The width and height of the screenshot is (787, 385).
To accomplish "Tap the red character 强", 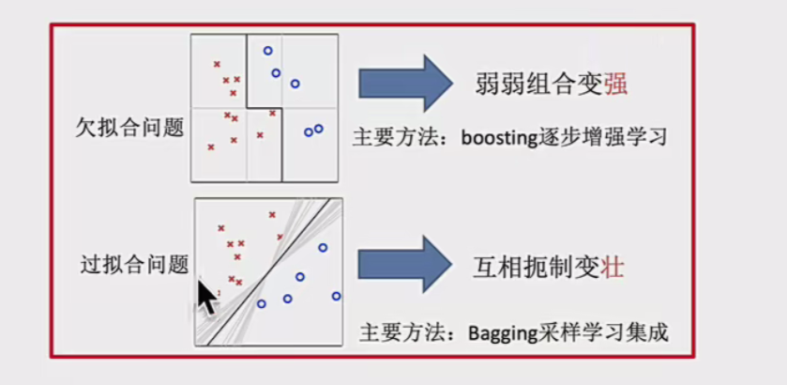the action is click(616, 85).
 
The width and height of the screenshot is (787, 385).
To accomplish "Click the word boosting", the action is click(500, 137).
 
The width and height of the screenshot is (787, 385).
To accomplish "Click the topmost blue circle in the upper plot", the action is click(267, 51).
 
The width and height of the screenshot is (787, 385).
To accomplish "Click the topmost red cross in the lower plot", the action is click(272, 214).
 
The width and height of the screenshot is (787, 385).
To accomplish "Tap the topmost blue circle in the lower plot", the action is click(323, 248).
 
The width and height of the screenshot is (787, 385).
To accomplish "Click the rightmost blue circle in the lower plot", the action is click(336, 296).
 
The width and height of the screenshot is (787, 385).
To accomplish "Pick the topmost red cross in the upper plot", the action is click(217, 64).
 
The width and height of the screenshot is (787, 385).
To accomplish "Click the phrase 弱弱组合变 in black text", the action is click(540, 85).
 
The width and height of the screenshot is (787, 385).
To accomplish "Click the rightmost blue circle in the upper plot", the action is click(319, 129).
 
